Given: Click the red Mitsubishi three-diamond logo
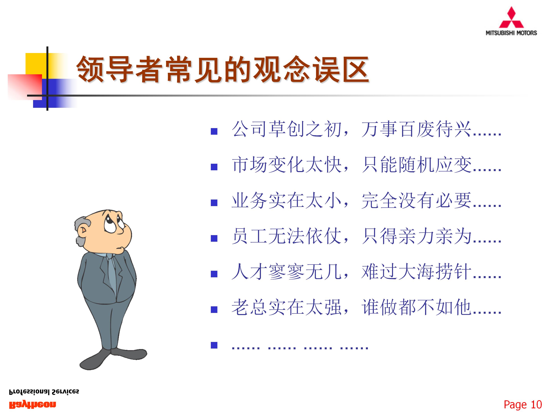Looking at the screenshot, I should click(x=511, y=18).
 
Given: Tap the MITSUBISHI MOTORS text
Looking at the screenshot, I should click(x=511, y=33).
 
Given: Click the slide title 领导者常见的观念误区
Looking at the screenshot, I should click(x=223, y=69).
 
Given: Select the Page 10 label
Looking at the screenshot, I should click(x=523, y=405).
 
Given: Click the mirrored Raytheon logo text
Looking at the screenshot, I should click(x=32, y=405).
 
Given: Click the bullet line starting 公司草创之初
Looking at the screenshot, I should click(x=366, y=129).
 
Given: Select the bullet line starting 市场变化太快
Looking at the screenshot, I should click(x=366, y=165).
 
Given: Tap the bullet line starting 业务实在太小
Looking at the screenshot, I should click(x=366, y=200).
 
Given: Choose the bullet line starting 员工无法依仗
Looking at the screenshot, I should click(x=366, y=236).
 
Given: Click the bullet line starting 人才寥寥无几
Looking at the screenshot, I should click(x=366, y=272).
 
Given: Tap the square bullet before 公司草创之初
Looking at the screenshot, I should click(x=214, y=131).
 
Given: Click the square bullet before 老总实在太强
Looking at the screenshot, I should click(x=214, y=309).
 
